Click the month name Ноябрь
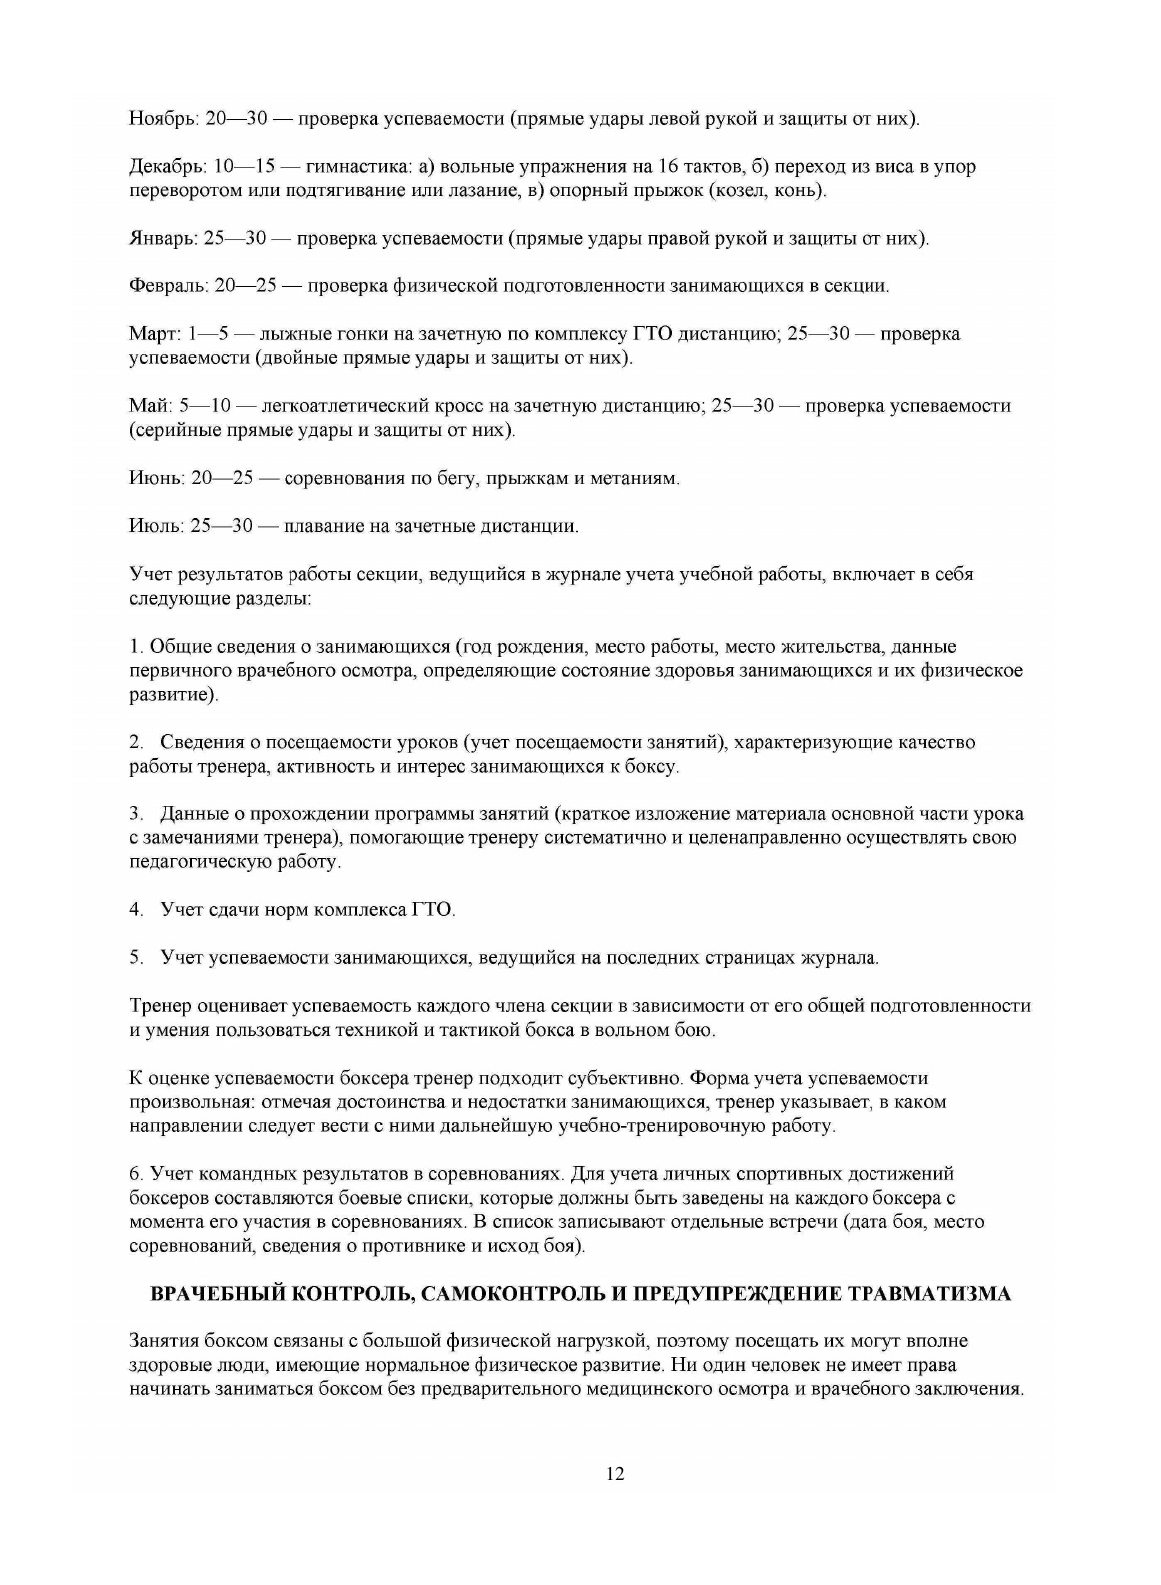[x=162, y=119]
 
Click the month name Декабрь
[x=166, y=167]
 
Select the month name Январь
[x=163, y=239]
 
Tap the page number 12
[x=615, y=1475]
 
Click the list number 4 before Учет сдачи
[x=136, y=910]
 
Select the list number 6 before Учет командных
[x=136, y=1174]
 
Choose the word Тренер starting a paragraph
[x=159, y=1006]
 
